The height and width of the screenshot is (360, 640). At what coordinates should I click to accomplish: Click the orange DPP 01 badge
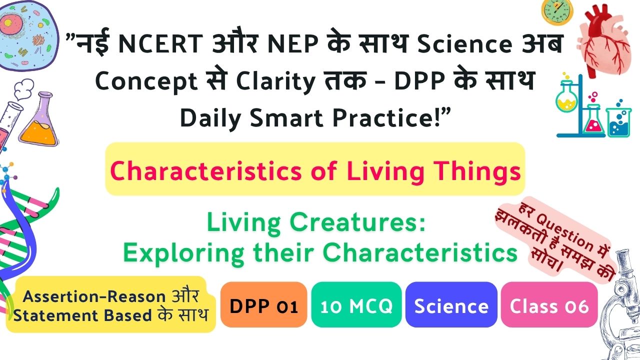(x=263, y=304)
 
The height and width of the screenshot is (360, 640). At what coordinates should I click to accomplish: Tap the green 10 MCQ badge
(x=356, y=304)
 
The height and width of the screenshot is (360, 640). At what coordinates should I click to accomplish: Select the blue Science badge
(x=451, y=304)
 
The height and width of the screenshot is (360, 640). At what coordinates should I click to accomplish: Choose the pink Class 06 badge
(x=549, y=304)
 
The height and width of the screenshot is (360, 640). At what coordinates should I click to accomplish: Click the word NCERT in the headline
(x=160, y=43)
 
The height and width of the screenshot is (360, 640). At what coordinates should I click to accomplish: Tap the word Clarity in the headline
(x=275, y=81)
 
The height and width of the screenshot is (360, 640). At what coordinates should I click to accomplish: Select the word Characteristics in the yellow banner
(x=205, y=171)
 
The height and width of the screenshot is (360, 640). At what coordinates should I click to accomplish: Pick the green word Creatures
(x=357, y=222)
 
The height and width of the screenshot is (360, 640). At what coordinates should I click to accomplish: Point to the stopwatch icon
(x=557, y=11)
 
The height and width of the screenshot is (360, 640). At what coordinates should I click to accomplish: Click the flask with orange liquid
(x=39, y=120)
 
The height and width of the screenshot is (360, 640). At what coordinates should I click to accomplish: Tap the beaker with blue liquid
(x=618, y=121)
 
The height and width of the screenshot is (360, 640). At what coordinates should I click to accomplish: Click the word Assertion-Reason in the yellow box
(x=94, y=296)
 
